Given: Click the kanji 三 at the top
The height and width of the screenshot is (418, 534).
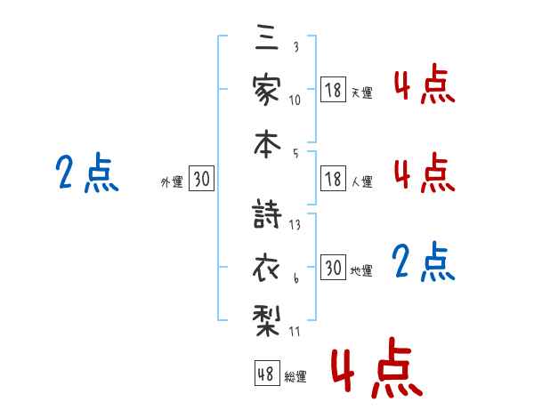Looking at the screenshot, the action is (267, 36).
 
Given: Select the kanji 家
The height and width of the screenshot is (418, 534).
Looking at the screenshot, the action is (267, 90).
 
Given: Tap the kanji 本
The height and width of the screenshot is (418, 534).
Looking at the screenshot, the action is (267, 144).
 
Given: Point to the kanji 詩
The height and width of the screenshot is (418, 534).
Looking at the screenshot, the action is (267, 213).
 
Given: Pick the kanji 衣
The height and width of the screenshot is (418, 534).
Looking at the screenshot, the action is (266, 268).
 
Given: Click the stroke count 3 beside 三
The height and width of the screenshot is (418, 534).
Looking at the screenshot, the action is (296, 46).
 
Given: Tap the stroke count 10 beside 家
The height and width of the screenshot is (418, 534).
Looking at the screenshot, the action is (295, 100).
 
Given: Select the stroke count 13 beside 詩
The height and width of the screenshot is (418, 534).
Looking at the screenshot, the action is (295, 225).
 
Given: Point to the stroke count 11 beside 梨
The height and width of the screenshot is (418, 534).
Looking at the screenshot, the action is (295, 332).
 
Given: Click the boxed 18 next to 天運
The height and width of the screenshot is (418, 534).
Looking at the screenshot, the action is (333, 90).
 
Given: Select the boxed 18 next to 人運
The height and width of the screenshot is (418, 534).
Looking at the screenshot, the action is (333, 179).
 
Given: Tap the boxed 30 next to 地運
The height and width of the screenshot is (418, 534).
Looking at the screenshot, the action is (333, 267).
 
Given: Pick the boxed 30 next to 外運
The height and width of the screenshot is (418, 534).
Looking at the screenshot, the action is (201, 178).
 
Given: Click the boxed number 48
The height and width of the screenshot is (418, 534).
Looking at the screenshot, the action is (267, 373).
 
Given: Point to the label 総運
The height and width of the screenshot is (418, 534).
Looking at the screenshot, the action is (295, 376).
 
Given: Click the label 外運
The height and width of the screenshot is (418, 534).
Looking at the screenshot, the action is (172, 181).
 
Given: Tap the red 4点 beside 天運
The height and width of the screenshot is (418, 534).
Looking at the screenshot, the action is (425, 84).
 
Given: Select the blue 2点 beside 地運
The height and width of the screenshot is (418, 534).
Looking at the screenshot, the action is (424, 261).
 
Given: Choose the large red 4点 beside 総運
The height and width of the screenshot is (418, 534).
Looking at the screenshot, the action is (376, 367).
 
